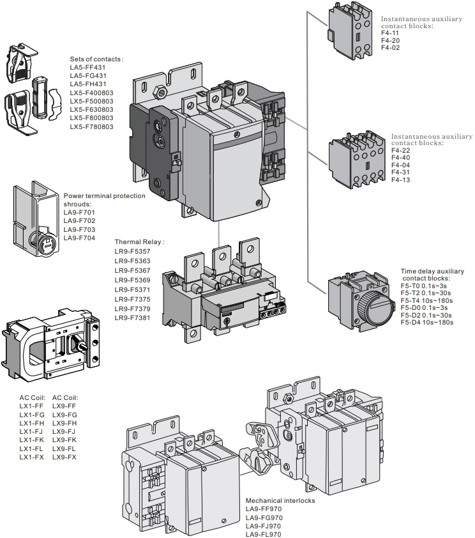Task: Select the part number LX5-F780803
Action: (x=91, y=127)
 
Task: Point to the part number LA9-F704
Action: (x=79, y=238)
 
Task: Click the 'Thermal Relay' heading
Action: (x=139, y=242)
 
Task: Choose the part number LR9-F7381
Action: (x=132, y=318)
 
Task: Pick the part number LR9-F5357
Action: (x=132, y=251)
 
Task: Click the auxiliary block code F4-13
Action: (x=400, y=180)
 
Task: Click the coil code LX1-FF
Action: (x=31, y=406)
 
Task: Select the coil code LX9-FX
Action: (x=64, y=457)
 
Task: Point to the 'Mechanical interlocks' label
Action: (x=280, y=501)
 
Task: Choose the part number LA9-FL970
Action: (x=264, y=534)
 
